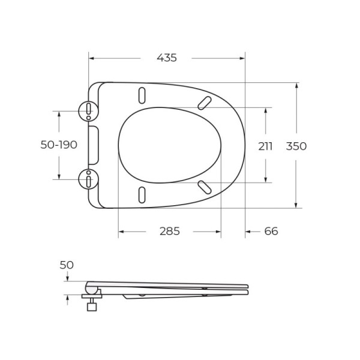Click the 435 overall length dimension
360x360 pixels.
tap(167, 58)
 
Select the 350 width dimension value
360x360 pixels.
tap(296, 146)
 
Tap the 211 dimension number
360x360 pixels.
tap(265, 146)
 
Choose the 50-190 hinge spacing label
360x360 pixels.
tap(59, 145)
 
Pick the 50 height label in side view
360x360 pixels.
tap(67, 265)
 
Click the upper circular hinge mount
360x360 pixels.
tap(88, 109)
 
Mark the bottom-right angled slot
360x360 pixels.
tap(205, 187)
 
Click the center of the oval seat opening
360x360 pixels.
tap(169, 145)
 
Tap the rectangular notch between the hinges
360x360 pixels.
tap(94, 145)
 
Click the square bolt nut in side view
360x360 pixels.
tap(92, 307)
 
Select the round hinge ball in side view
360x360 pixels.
tap(92, 290)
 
